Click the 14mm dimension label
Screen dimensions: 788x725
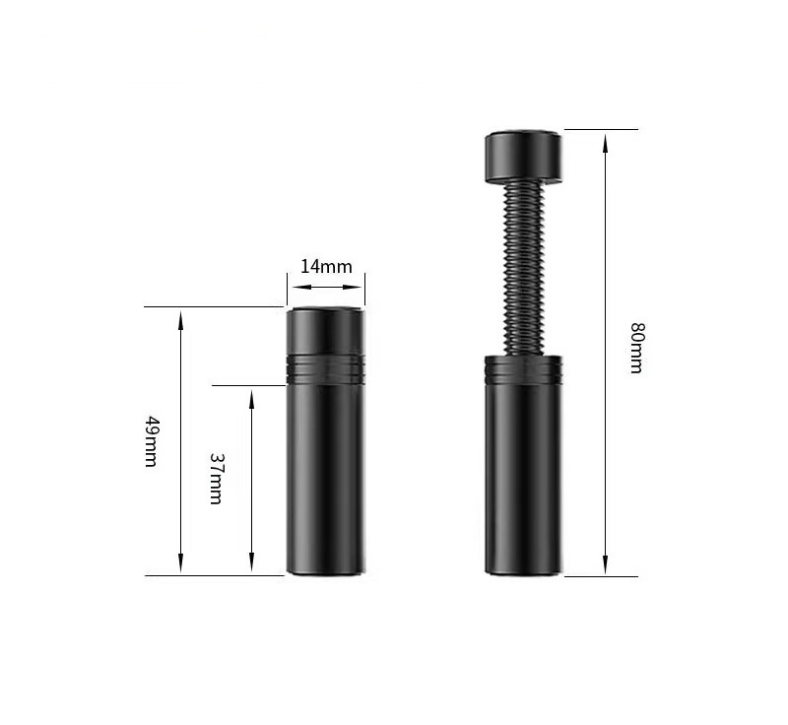[326, 266]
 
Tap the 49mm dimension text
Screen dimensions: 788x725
[152, 441]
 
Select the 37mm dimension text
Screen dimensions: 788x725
[217, 479]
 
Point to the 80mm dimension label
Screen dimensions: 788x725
[636, 348]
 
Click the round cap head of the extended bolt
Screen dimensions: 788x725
[523, 157]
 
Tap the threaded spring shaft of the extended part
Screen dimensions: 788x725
[523, 269]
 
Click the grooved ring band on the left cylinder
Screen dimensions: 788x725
[325, 369]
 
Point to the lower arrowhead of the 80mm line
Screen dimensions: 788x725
[606, 564]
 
